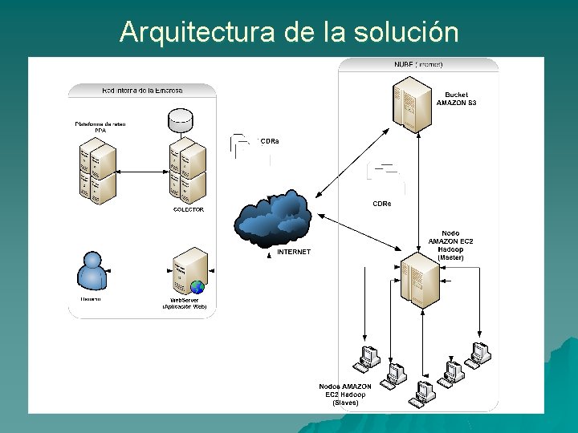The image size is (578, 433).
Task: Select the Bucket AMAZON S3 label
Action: point(456,99)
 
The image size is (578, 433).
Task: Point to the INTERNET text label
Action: point(293,252)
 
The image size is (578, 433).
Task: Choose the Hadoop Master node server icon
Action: point(421,278)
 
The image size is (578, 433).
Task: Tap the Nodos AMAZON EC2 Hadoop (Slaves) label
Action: point(345,395)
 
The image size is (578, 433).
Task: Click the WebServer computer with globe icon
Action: point(189,273)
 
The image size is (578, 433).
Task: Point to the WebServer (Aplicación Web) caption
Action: point(185,303)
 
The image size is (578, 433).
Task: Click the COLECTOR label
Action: point(189,209)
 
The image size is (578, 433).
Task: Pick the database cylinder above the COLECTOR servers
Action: point(181,122)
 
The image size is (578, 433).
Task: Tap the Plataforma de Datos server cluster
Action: point(97,169)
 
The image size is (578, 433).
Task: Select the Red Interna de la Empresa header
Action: point(142,90)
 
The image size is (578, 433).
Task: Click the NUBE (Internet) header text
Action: point(418,64)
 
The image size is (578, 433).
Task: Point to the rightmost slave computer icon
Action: point(480,354)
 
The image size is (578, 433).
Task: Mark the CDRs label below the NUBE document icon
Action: point(381,204)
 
